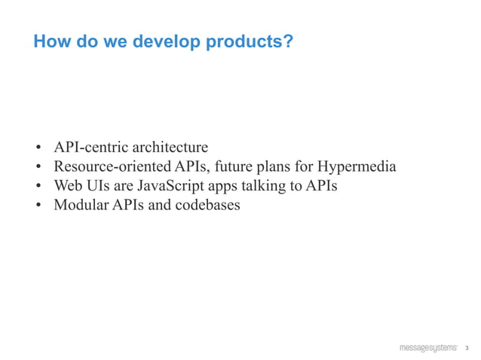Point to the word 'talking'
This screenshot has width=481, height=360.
(x=259, y=185)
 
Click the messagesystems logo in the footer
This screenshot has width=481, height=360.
(x=427, y=347)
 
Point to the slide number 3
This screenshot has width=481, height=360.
(x=467, y=348)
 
